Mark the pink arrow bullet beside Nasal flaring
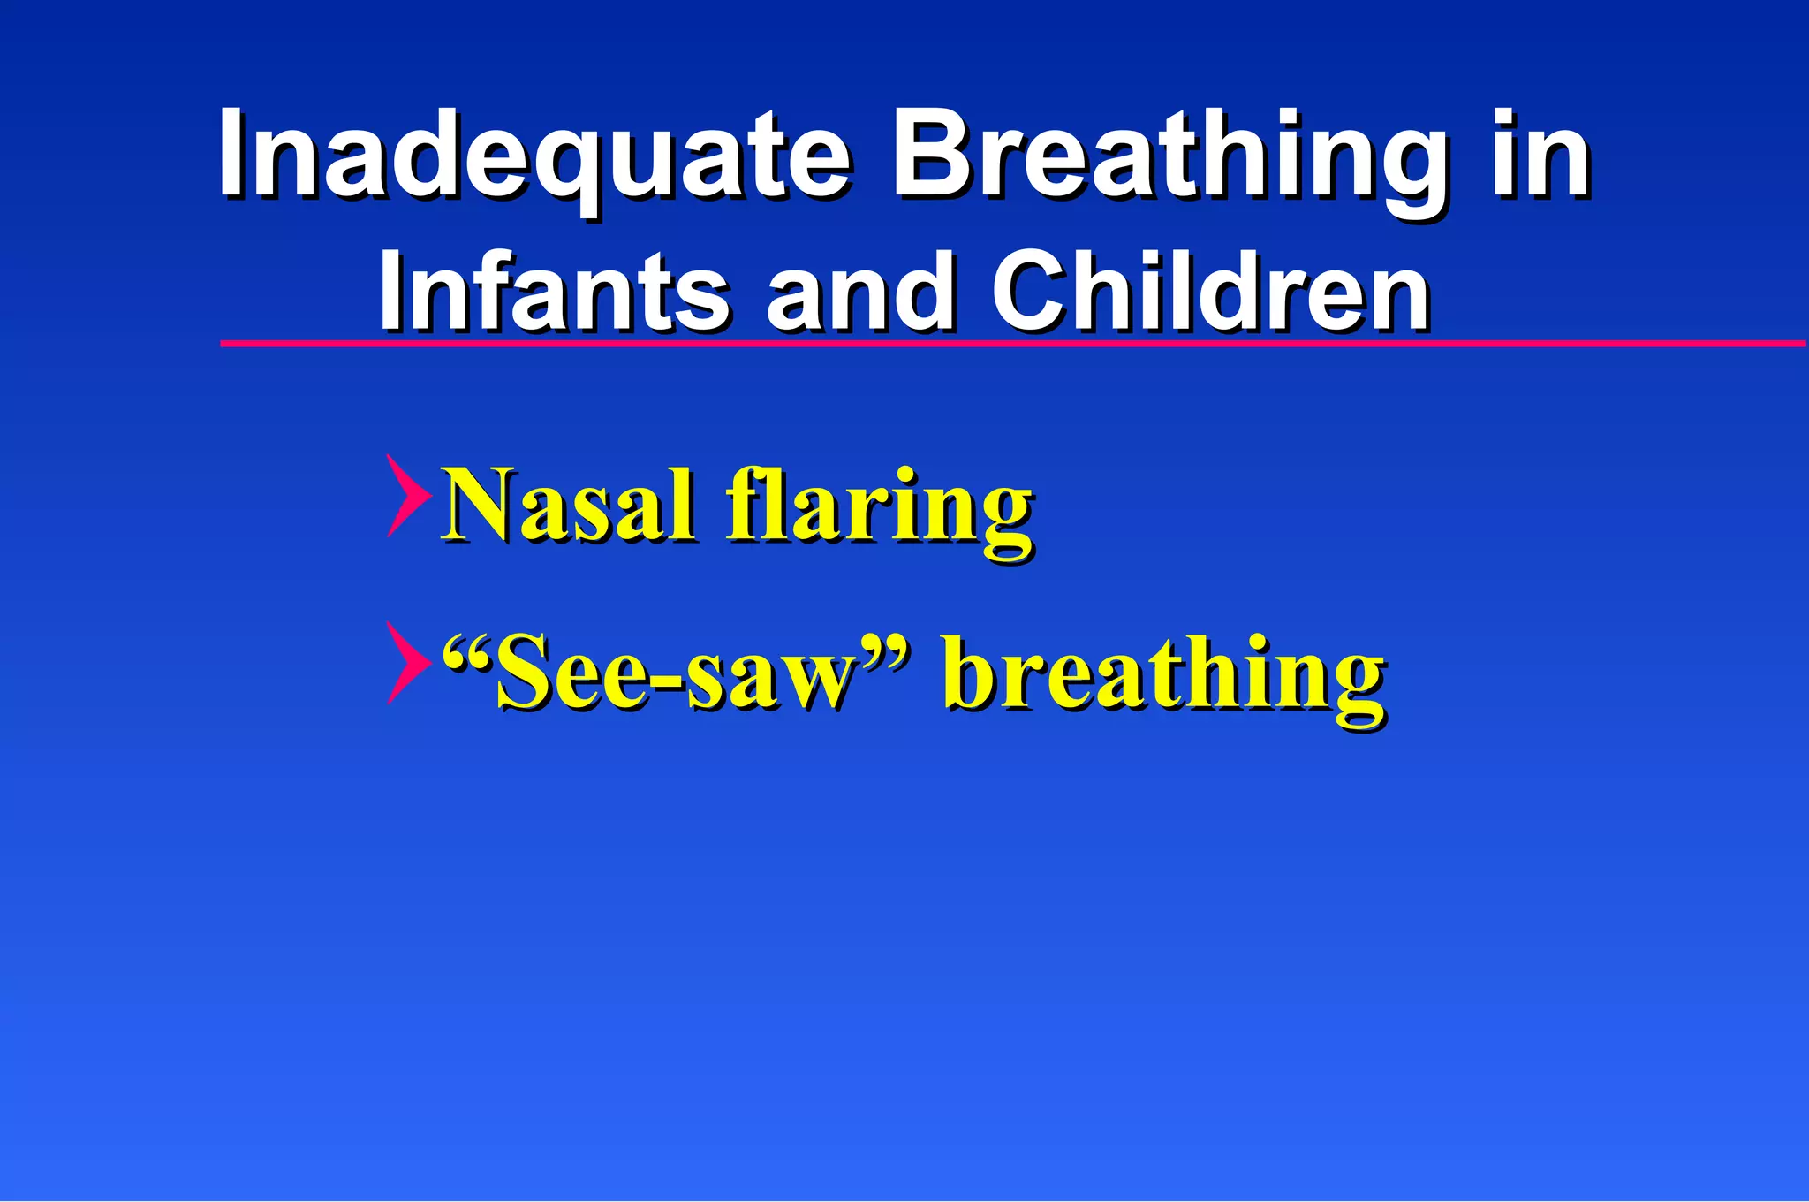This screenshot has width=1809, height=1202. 407,496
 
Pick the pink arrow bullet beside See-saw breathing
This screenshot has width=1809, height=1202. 407,663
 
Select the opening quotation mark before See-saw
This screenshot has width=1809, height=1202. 465,654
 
